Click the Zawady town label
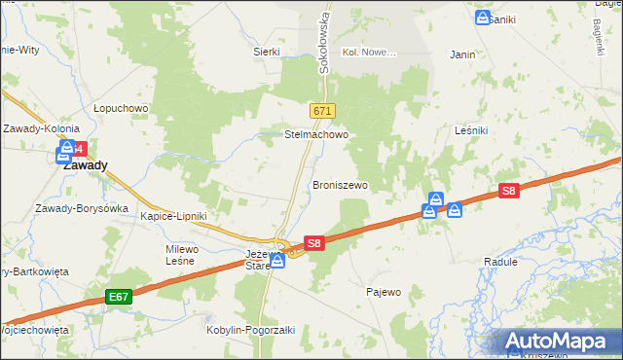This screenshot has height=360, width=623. pos(85,165)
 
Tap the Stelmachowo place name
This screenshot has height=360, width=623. pos(315,135)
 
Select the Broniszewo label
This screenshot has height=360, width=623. pos(340,184)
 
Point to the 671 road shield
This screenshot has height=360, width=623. pos(323,112)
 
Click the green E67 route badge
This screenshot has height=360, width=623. pos(119,295)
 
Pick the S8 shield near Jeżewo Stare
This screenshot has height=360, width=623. pos(312,243)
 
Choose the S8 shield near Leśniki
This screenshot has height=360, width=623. pos(507,192)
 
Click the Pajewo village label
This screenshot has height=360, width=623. pos(383,292)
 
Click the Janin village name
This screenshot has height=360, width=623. pos(462,54)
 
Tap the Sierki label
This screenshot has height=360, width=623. pos(266,52)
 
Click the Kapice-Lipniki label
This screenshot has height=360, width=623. pos(173,216)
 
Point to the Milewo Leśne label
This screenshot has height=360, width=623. pos(182,255)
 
